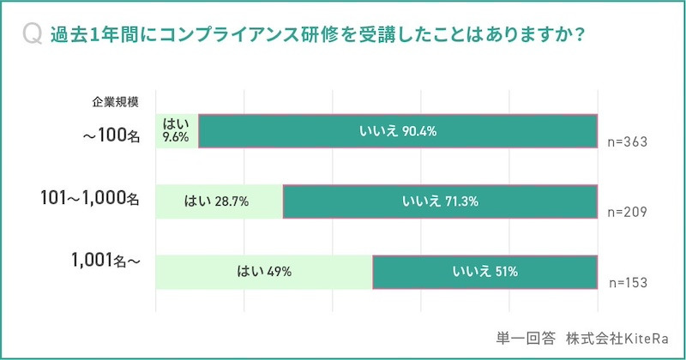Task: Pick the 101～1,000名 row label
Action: (x=89, y=201)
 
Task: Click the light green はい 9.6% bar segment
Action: (x=177, y=131)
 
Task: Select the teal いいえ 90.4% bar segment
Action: (x=398, y=131)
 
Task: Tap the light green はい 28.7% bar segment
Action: (x=219, y=202)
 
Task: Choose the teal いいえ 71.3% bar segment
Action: (x=440, y=202)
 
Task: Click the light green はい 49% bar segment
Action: (x=263, y=272)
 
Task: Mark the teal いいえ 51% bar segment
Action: (x=484, y=272)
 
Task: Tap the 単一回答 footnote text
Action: (x=526, y=336)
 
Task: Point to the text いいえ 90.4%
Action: (x=398, y=131)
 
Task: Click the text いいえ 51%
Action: (x=484, y=272)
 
